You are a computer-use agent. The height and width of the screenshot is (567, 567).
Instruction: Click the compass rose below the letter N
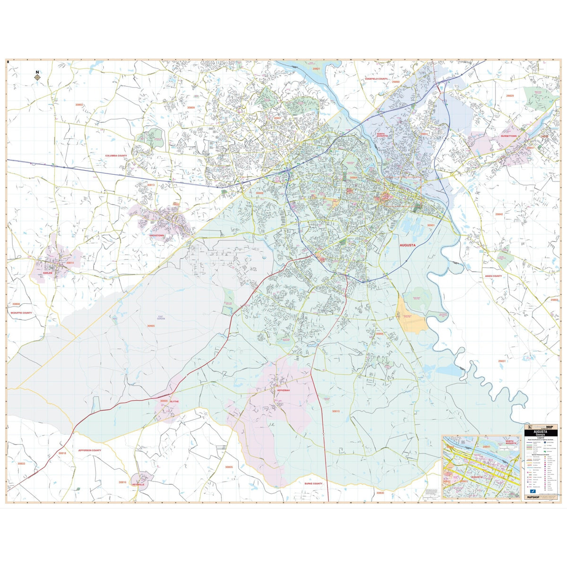tap(37, 78)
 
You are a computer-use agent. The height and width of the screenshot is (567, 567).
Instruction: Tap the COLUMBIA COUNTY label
tap(116, 155)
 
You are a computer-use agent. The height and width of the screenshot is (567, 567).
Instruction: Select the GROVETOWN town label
tap(157, 235)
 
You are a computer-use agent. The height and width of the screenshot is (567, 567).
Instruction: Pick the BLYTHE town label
tap(174, 401)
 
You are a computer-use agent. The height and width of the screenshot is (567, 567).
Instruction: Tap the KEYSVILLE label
tap(138, 485)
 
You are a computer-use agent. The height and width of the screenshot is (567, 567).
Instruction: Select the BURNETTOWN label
tap(509, 136)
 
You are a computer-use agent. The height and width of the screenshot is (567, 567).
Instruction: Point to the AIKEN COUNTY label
tap(493, 276)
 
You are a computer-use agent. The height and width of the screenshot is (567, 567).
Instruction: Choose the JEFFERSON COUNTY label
tap(90, 450)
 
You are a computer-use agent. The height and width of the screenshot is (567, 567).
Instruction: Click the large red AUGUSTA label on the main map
tap(407, 246)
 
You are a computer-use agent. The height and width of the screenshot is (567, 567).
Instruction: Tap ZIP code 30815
tap(335, 412)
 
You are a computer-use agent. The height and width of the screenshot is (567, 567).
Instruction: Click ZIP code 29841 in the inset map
tap(486, 447)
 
